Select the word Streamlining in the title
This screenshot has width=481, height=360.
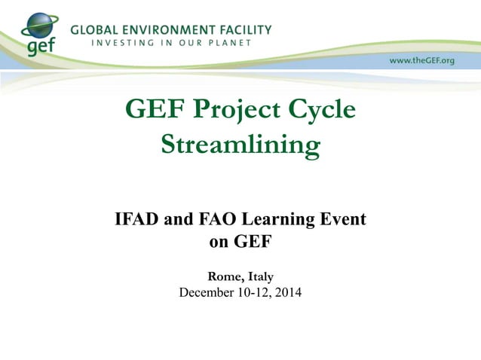click(x=240, y=144)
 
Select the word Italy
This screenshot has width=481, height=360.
click(x=259, y=277)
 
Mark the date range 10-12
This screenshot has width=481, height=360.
click(x=250, y=292)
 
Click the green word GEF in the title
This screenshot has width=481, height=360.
click(x=155, y=110)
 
